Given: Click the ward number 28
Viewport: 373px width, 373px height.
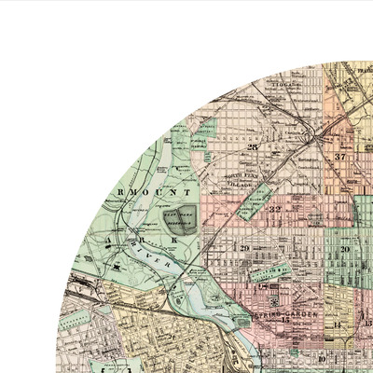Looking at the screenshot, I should tap(252, 147).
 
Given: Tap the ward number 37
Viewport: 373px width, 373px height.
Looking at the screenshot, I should tap(340, 157).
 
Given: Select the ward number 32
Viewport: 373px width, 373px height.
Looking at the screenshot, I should tap(275, 210).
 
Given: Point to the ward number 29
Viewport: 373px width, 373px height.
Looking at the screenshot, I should tap(245, 248).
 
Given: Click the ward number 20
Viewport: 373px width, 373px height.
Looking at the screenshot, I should tap(344, 249).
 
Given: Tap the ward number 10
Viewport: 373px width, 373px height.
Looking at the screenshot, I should tap(322, 358).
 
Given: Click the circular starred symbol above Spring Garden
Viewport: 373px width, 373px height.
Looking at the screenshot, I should tap(271, 303).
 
